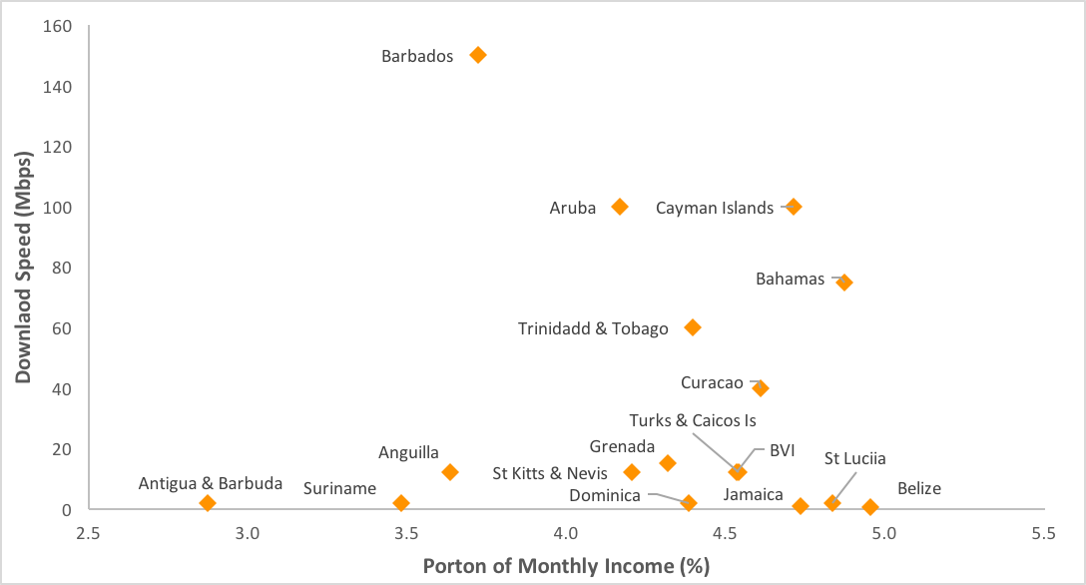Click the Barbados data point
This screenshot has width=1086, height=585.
coord(478,55)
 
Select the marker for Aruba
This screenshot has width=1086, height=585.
coord(620,207)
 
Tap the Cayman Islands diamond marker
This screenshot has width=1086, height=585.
coord(794,207)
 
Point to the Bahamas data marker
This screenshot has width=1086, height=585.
coord(844,283)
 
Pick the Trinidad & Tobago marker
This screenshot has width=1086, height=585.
coord(693,327)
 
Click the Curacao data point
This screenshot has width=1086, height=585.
coord(761,388)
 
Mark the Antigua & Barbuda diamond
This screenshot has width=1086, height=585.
coord(208,503)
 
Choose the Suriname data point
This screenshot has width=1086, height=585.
coord(401,503)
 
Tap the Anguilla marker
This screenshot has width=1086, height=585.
coord(450,472)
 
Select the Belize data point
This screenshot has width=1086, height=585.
coord(870,507)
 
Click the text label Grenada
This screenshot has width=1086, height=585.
coord(622,446)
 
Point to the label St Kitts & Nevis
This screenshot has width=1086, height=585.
coord(550,472)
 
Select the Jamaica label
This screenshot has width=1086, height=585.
coord(754,494)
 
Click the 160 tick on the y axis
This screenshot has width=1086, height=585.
coord(57,26)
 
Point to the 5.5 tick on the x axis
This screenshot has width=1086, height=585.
coord(1043,534)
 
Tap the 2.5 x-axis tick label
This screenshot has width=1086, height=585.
coord(89,534)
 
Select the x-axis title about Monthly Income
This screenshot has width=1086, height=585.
coord(566,566)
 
